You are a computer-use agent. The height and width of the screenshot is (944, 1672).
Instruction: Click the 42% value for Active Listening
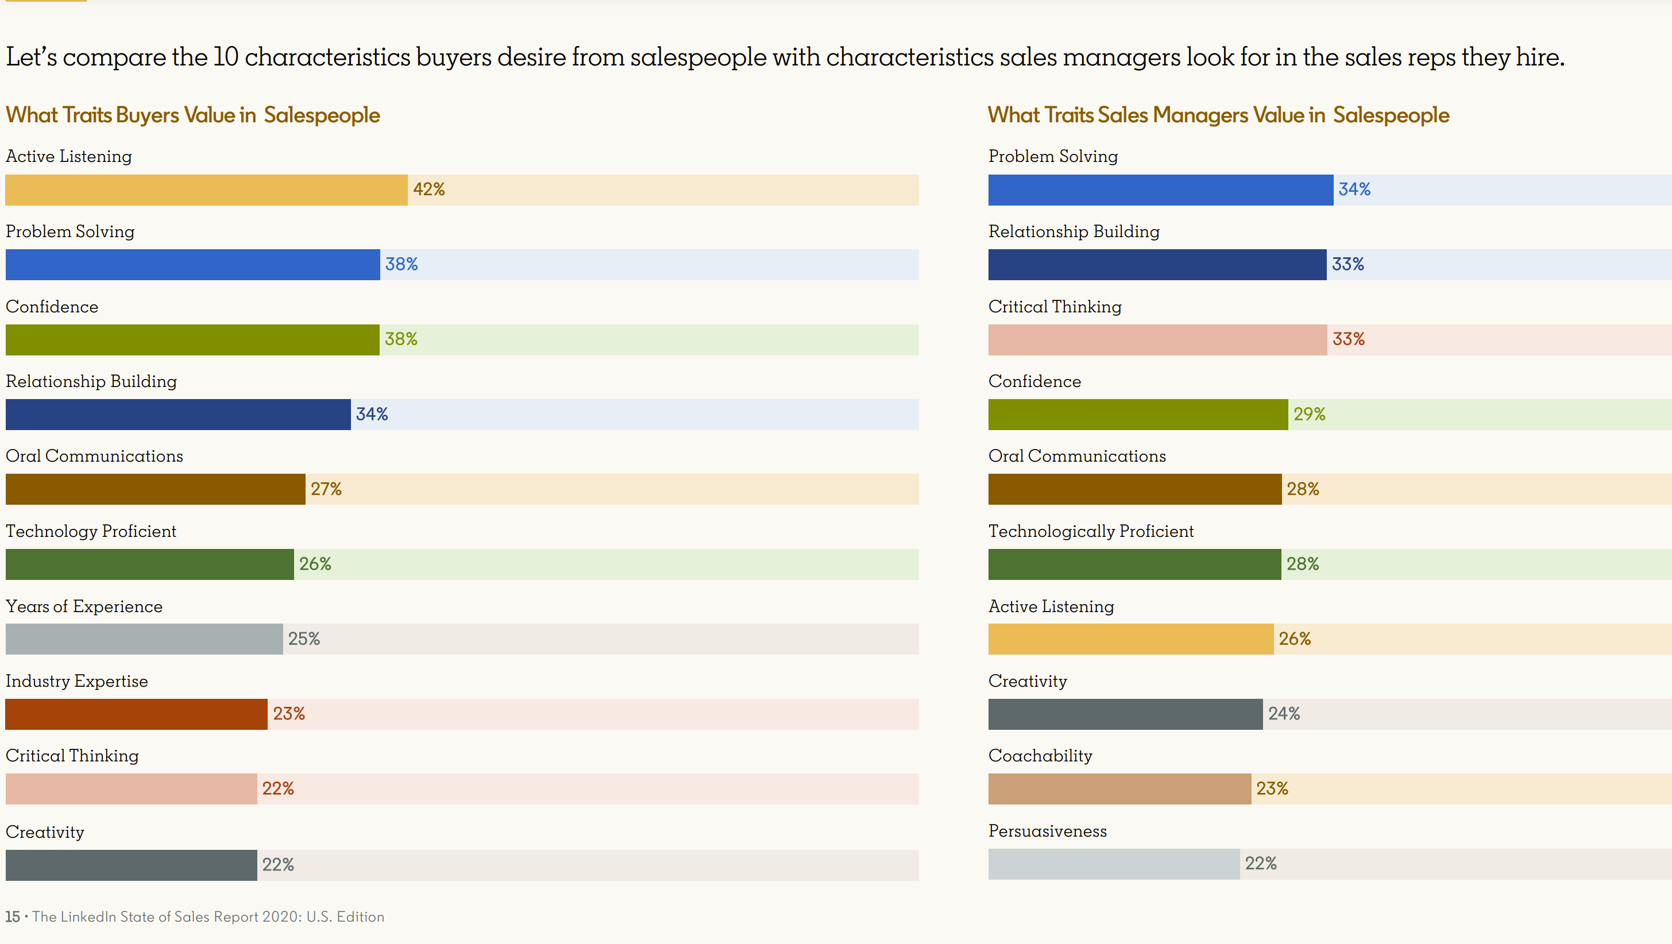[x=429, y=189]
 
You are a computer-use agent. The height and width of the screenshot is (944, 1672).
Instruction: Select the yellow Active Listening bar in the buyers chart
[x=206, y=190]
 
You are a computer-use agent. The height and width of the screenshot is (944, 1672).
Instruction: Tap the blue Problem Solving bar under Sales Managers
[x=1161, y=190]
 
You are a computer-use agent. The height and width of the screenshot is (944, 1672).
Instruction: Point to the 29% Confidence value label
[x=1309, y=414]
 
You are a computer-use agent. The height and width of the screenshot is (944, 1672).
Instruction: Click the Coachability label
[x=1040, y=756]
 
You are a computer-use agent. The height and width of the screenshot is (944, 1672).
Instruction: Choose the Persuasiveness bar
[x=1114, y=864]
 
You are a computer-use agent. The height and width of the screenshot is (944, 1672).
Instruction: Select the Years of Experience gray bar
[x=144, y=639]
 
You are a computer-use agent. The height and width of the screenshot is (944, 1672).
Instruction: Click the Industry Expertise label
[x=76, y=681]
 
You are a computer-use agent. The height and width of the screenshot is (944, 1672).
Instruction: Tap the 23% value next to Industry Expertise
[x=289, y=714]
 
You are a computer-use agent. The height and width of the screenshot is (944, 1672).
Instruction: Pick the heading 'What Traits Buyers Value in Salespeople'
[x=193, y=115]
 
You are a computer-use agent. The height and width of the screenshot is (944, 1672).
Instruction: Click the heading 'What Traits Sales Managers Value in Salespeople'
[x=1218, y=115]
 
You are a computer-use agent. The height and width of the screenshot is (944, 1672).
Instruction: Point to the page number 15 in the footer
[x=12, y=917]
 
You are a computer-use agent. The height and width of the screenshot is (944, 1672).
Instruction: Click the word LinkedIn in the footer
[x=88, y=917]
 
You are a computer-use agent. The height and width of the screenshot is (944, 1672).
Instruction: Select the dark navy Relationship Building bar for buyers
[x=178, y=415]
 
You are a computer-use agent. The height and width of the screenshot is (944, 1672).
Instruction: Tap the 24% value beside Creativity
[x=1284, y=714]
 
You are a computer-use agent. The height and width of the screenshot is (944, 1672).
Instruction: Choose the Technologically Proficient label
[x=1090, y=531]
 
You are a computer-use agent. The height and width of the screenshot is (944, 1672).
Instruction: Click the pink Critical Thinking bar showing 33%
[x=1157, y=340]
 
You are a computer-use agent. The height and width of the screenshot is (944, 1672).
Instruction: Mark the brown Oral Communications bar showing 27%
[x=155, y=489]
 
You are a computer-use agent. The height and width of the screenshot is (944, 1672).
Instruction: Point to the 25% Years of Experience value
[x=304, y=639]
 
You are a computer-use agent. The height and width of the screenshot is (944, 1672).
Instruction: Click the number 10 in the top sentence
[x=226, y=57]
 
